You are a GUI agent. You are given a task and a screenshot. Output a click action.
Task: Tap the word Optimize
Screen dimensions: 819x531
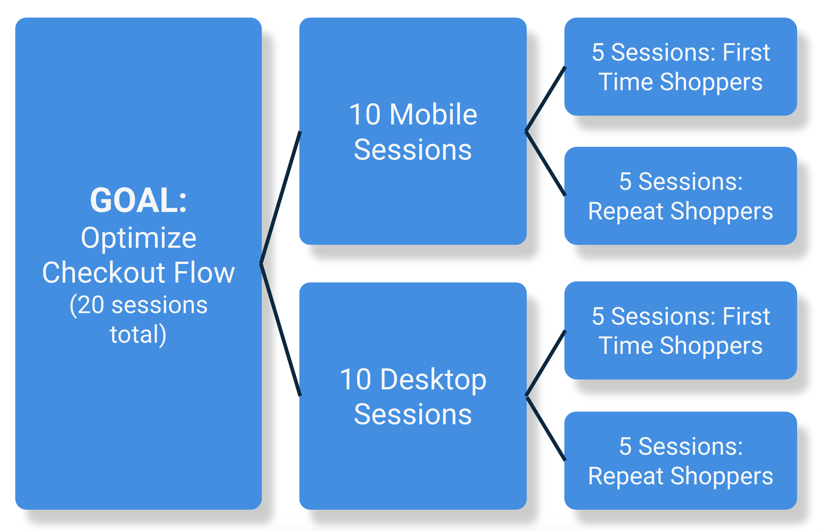(x=139, y=238)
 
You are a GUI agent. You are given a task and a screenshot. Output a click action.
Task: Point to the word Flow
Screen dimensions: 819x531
(x=204, y=272)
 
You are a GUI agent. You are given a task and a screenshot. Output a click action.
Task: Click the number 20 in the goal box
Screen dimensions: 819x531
(x=91, y=305)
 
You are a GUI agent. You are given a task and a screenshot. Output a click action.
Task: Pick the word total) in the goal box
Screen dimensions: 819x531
(x=138, y=335)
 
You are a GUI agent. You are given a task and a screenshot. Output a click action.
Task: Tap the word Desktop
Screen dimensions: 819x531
(x=433, y=380)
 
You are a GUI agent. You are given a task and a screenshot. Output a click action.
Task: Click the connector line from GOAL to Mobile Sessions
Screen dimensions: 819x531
(x=280, y=197)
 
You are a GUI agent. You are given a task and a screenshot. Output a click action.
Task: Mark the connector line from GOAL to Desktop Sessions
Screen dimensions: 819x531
(x=280, y=330)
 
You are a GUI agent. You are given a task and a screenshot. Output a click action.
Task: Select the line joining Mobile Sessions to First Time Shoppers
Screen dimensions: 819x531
(x=545, y=99)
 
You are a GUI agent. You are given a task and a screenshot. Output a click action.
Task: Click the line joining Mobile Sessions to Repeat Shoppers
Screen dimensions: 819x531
(x=545, y=163)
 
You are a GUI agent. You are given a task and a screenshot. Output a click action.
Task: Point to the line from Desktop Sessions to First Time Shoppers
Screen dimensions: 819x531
(x=545, y=363)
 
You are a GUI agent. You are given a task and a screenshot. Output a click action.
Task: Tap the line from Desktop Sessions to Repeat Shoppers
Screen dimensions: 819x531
(x=545, y=428)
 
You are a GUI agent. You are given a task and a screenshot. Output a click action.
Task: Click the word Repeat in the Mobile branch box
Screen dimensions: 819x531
(x=625, y=211)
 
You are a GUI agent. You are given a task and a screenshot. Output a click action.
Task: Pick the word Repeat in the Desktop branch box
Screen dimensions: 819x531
(x=625, y=476)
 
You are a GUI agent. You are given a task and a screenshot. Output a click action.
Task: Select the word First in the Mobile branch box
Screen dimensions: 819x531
(x=746, y=53)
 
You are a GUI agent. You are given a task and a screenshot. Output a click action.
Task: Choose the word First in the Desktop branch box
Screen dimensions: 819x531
(x=746, y=316)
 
